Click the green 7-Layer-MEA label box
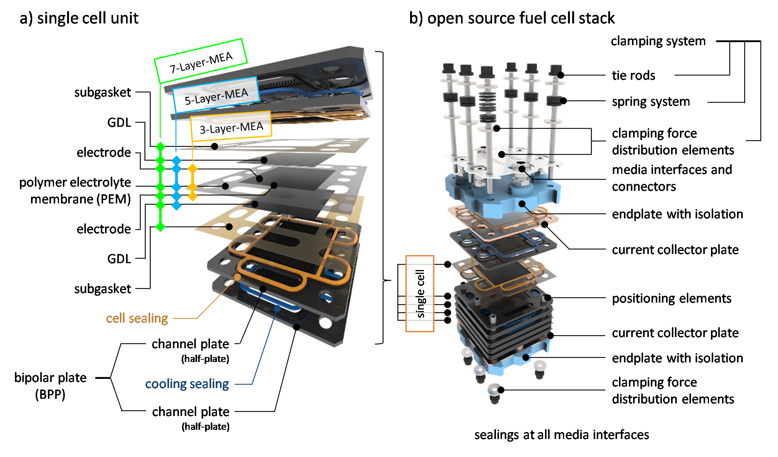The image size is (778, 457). pos(200,61)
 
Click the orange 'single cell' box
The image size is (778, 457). pos(420,293)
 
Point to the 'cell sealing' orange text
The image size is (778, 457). pos(137,318)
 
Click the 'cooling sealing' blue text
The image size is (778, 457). pos(187,384)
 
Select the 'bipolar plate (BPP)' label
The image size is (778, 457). pos(50,385)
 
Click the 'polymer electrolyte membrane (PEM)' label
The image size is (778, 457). pos(75,190)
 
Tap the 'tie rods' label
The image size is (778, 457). pos(633,75)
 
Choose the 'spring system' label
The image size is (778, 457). pos(650,102)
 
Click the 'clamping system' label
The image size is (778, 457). pos(658,41)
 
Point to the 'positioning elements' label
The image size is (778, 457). pos(671,298)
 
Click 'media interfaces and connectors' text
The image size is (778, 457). pos(671,178)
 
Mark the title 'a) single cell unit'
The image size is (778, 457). pos(79,18)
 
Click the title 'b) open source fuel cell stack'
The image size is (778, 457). pos(512,18)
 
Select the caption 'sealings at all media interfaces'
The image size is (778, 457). pos(561,435)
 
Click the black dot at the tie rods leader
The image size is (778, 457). pos(560,75)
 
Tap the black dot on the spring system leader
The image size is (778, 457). pos(563,101)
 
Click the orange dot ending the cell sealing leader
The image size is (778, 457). pos(238,277)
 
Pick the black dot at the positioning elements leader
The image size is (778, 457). pos(548,298)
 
